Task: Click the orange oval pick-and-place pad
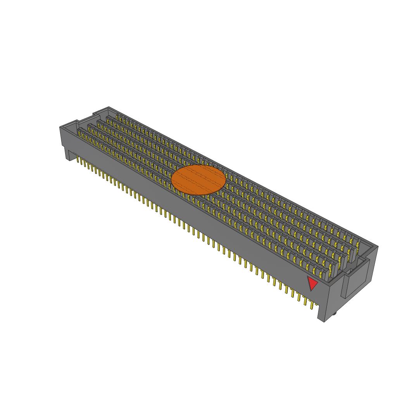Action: tap(198, 179)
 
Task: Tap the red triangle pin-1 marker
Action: tap(312, 283)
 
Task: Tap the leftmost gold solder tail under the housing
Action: tap(78, 159)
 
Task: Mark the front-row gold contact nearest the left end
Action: tap(80, 134)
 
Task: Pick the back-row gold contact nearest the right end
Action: tap(357, 245)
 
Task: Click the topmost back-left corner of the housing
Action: tap(108, 107)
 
